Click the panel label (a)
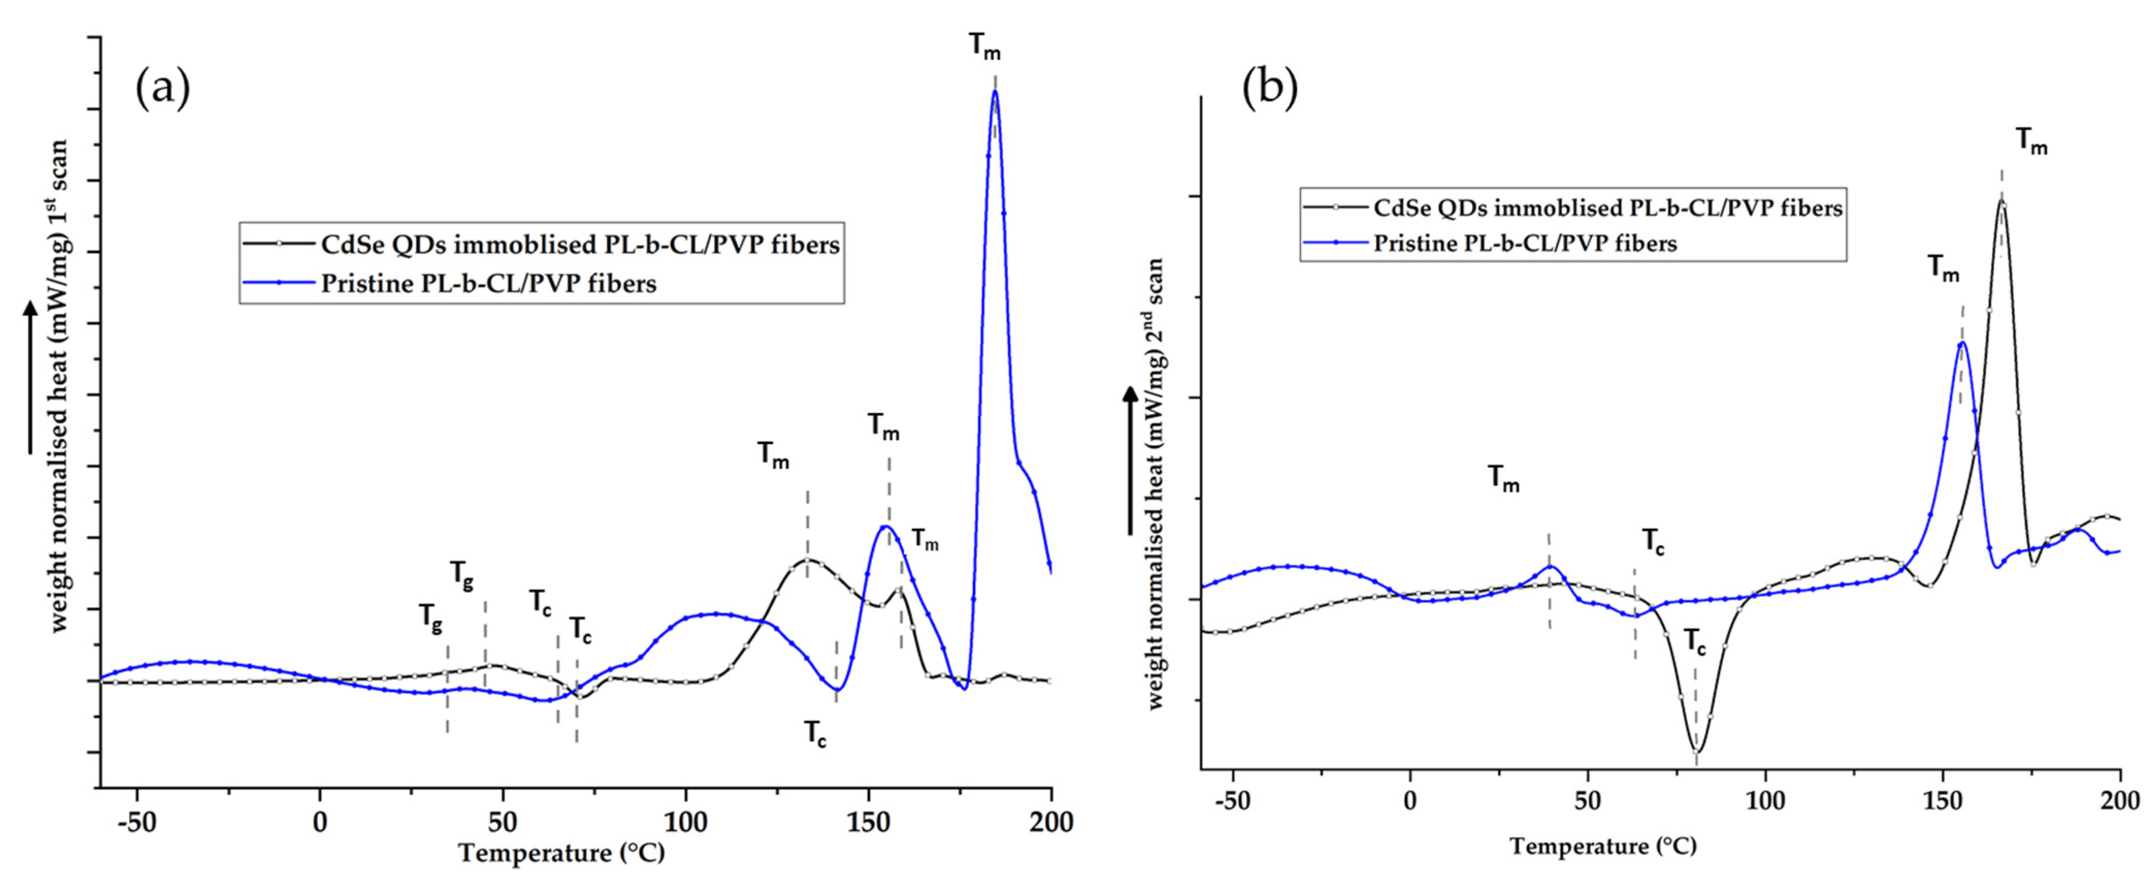click(162, 90)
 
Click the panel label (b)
click(1269, 90)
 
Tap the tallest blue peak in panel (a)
click(995, 91)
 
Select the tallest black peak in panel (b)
click(1995, 201)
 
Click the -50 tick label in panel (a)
click(136, 823)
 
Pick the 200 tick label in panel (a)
click(1051, 823)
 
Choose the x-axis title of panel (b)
click(1603, 846)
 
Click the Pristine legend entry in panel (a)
click(488, 284)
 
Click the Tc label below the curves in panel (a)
click(816, 734)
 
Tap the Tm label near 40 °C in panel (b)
click(1503, 479)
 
